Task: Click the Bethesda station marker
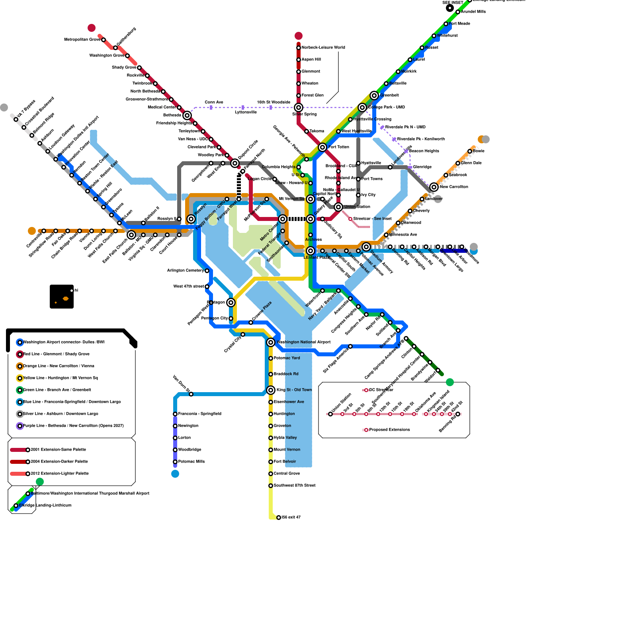pyautogui.click(x=187, y=115)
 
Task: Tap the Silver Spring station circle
pyautogui.click(x=299, y=107)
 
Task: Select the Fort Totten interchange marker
pyautogui.click(x=322, y=147)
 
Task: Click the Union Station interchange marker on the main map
pyautogui.click(x=338, y=207)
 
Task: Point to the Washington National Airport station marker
pyautogui.click(x=271, y=342)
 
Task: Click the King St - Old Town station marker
pyautogui.click(x=271, y=390)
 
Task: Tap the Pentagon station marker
pyautogui.click(x=231, y=303)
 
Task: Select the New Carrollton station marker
pyautogui.click(x=434, y=187)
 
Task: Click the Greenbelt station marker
pyautogui.click(x=374, y=96)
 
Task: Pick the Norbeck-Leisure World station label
pyautogui.click(x=323, y=48)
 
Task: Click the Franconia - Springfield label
pyautogui.click(x=200, y=414)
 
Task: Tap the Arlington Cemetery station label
pyautogui.click(x=186, y=271)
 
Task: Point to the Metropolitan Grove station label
pyautogui.click(x=82, y=40)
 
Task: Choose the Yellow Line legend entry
pyautogui.click(x=61, y=378)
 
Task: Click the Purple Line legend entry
pyautogui.click(x=73, y=426)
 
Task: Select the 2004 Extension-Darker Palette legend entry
pyautogui.click(x=59, y=462)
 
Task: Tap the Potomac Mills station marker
pyautogui.click(x=175, y=462)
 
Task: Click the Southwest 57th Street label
pyautogui.click(x=295, y=486)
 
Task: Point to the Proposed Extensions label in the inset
pyautogui.click(x=389, y=430)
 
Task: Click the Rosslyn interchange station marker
pyautogui.click(x=191, y=219)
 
